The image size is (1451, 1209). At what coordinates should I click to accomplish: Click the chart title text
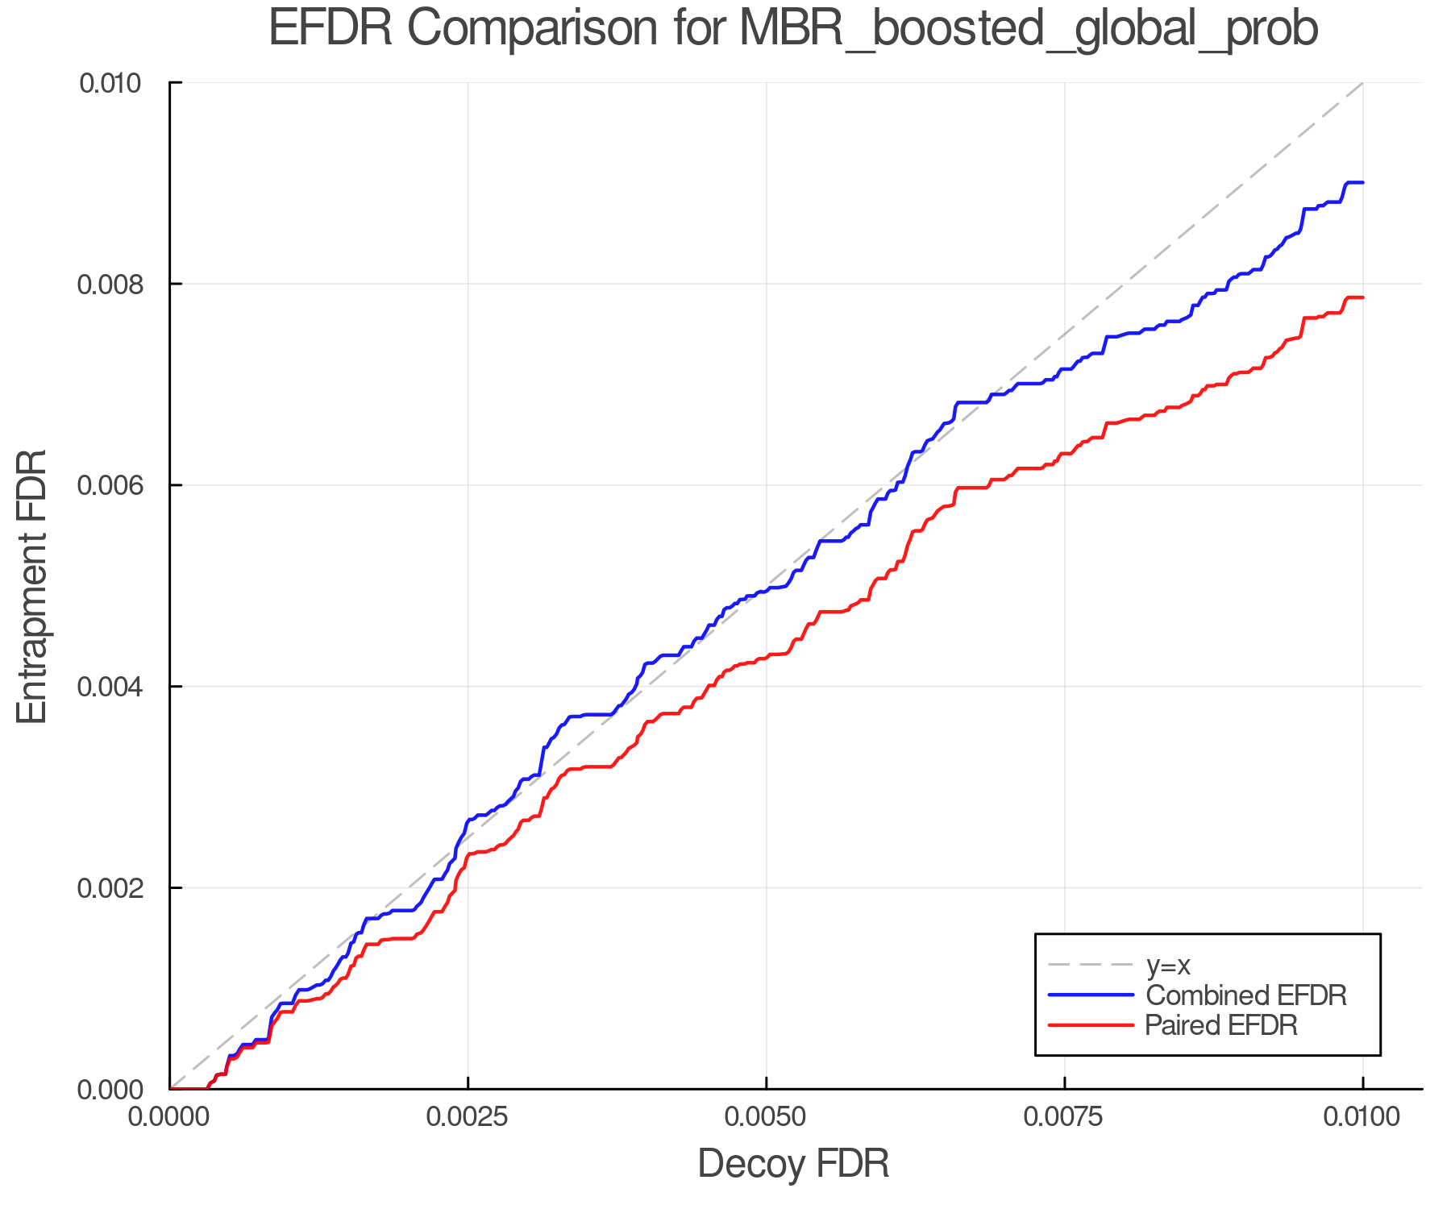coord(792,29)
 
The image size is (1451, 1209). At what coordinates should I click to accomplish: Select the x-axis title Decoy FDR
coord(793,1164)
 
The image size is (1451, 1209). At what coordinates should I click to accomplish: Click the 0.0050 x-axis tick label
coord(766,1117)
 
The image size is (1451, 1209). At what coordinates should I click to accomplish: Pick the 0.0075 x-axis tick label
coord(1064,1117)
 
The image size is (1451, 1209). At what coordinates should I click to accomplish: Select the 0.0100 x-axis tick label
coord(1362,1117)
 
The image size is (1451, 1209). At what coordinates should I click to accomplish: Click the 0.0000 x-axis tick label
coord(169,1117)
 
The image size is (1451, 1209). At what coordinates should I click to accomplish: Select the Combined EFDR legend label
coord(1246,995)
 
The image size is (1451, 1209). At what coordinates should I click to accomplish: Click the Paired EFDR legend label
coord(1221,1025)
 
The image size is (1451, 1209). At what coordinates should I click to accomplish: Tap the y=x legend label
coord(1168,965)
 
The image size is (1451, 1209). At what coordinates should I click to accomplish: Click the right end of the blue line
coord(1362,183)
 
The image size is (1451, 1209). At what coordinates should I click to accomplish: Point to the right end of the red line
coord(1362,298)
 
